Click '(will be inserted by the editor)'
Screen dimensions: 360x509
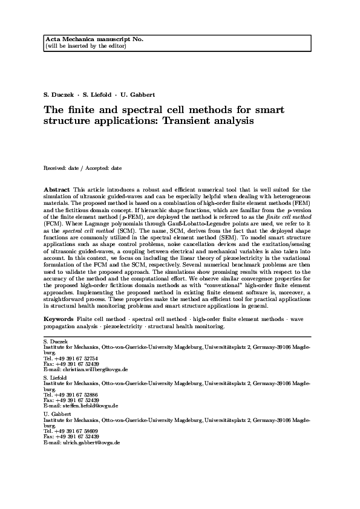click(79, 45)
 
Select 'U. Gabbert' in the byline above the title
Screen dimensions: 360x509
click(139, 96)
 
